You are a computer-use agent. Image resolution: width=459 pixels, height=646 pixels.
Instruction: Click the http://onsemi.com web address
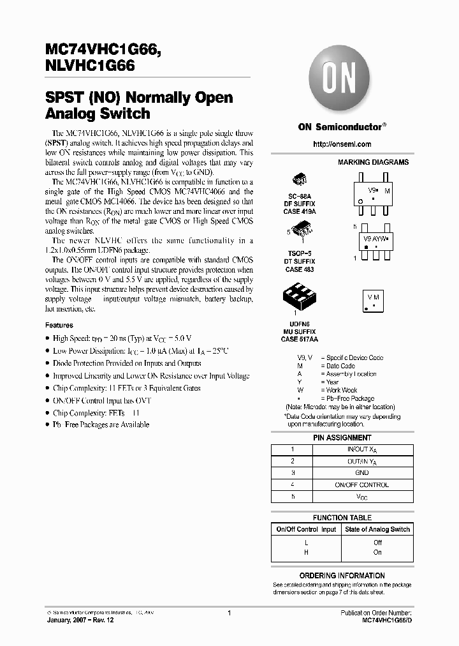(342, 144)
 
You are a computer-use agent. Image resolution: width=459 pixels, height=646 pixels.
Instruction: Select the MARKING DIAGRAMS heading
(373, 163)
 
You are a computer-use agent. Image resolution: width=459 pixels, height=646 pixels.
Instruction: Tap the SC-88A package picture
(299, 180)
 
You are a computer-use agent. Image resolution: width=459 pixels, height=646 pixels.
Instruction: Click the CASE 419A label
(298, 211)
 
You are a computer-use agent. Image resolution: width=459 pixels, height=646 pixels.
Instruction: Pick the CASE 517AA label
(298, 339)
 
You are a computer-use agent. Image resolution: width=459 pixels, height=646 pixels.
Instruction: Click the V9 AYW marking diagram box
(374, 241)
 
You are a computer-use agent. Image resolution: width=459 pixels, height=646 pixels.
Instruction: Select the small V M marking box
(374, 300)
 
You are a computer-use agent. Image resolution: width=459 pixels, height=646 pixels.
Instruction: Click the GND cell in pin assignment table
(362, 473)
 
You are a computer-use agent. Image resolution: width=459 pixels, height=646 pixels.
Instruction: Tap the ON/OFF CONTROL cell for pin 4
(362, 484)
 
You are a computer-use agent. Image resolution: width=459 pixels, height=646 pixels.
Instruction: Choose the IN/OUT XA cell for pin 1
(362, 450)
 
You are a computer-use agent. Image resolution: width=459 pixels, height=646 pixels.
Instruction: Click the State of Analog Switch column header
(377, 529)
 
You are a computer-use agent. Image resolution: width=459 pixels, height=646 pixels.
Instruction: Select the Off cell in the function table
(377, 543)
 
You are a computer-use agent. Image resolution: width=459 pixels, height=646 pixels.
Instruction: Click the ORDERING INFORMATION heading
(342, 576)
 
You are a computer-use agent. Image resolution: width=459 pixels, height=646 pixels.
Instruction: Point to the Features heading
(59, 325)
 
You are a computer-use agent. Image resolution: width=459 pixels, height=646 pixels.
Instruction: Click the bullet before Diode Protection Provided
(47, 363)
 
